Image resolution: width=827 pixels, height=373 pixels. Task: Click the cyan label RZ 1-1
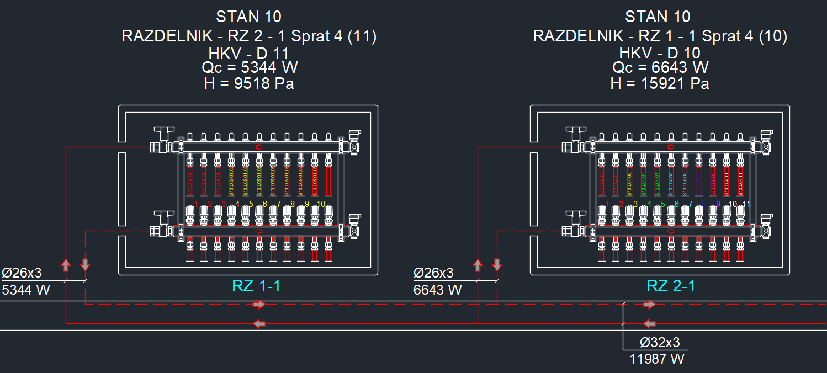[x=256, y=286]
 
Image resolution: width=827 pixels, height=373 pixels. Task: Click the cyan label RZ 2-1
[x=671, y=286]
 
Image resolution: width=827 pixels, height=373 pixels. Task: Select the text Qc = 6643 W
[x=660, y=68]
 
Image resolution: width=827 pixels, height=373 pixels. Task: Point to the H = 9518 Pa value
[x=249, y=84]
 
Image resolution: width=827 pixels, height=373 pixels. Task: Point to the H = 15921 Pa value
[x=660, y=84]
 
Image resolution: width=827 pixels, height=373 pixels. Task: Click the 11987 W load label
[x=657, y=359]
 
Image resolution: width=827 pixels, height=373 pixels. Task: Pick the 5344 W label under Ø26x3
[x=26, y=289]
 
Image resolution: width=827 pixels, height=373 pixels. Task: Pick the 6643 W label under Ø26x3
[x=438, y=289]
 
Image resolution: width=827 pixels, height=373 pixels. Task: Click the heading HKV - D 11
[x=248, y=54]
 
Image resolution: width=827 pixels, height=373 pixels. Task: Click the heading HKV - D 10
[x=660, y=54]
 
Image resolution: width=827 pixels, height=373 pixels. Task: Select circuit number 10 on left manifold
[x=321, y=204]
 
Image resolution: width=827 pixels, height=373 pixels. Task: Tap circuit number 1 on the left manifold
[x=197, y=204]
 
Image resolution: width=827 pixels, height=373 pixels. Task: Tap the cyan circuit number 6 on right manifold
[x=677, y=204]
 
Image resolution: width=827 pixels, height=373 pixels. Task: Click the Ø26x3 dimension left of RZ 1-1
[x=22, y=273]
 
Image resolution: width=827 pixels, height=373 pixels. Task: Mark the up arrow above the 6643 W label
[x=478, y=265]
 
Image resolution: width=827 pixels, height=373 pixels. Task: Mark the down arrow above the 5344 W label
[x=85, y=264]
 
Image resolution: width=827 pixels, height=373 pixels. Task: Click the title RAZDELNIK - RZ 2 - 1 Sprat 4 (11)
[x=249, y=36]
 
